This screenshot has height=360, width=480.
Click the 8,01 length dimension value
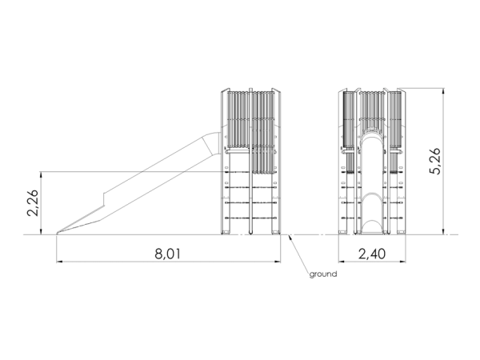tap(167, 254)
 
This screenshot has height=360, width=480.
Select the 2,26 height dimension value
tap(33, 202)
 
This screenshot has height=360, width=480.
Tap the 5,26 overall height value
tap(434, 161)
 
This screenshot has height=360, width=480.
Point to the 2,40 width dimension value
tap(372, 254)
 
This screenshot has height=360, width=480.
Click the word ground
tap(323, 274)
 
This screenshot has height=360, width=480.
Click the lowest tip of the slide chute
tap(58, 234)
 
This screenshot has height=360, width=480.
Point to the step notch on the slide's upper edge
tap(104, 199)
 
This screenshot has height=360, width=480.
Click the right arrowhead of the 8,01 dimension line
tap(278, 262)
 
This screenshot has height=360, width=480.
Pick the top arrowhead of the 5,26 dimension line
tap(443, 92)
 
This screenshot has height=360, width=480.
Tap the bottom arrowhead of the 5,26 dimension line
tap(443, 231)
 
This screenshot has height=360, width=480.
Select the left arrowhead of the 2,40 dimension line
tap(342, 262)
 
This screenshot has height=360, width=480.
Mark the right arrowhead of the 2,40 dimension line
tap(403, 262)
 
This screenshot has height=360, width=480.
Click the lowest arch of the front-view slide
tap(372, 221)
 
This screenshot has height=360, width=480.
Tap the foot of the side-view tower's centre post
tap(250, 234)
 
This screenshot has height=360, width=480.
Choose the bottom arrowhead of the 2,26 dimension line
tap(41, 231)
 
